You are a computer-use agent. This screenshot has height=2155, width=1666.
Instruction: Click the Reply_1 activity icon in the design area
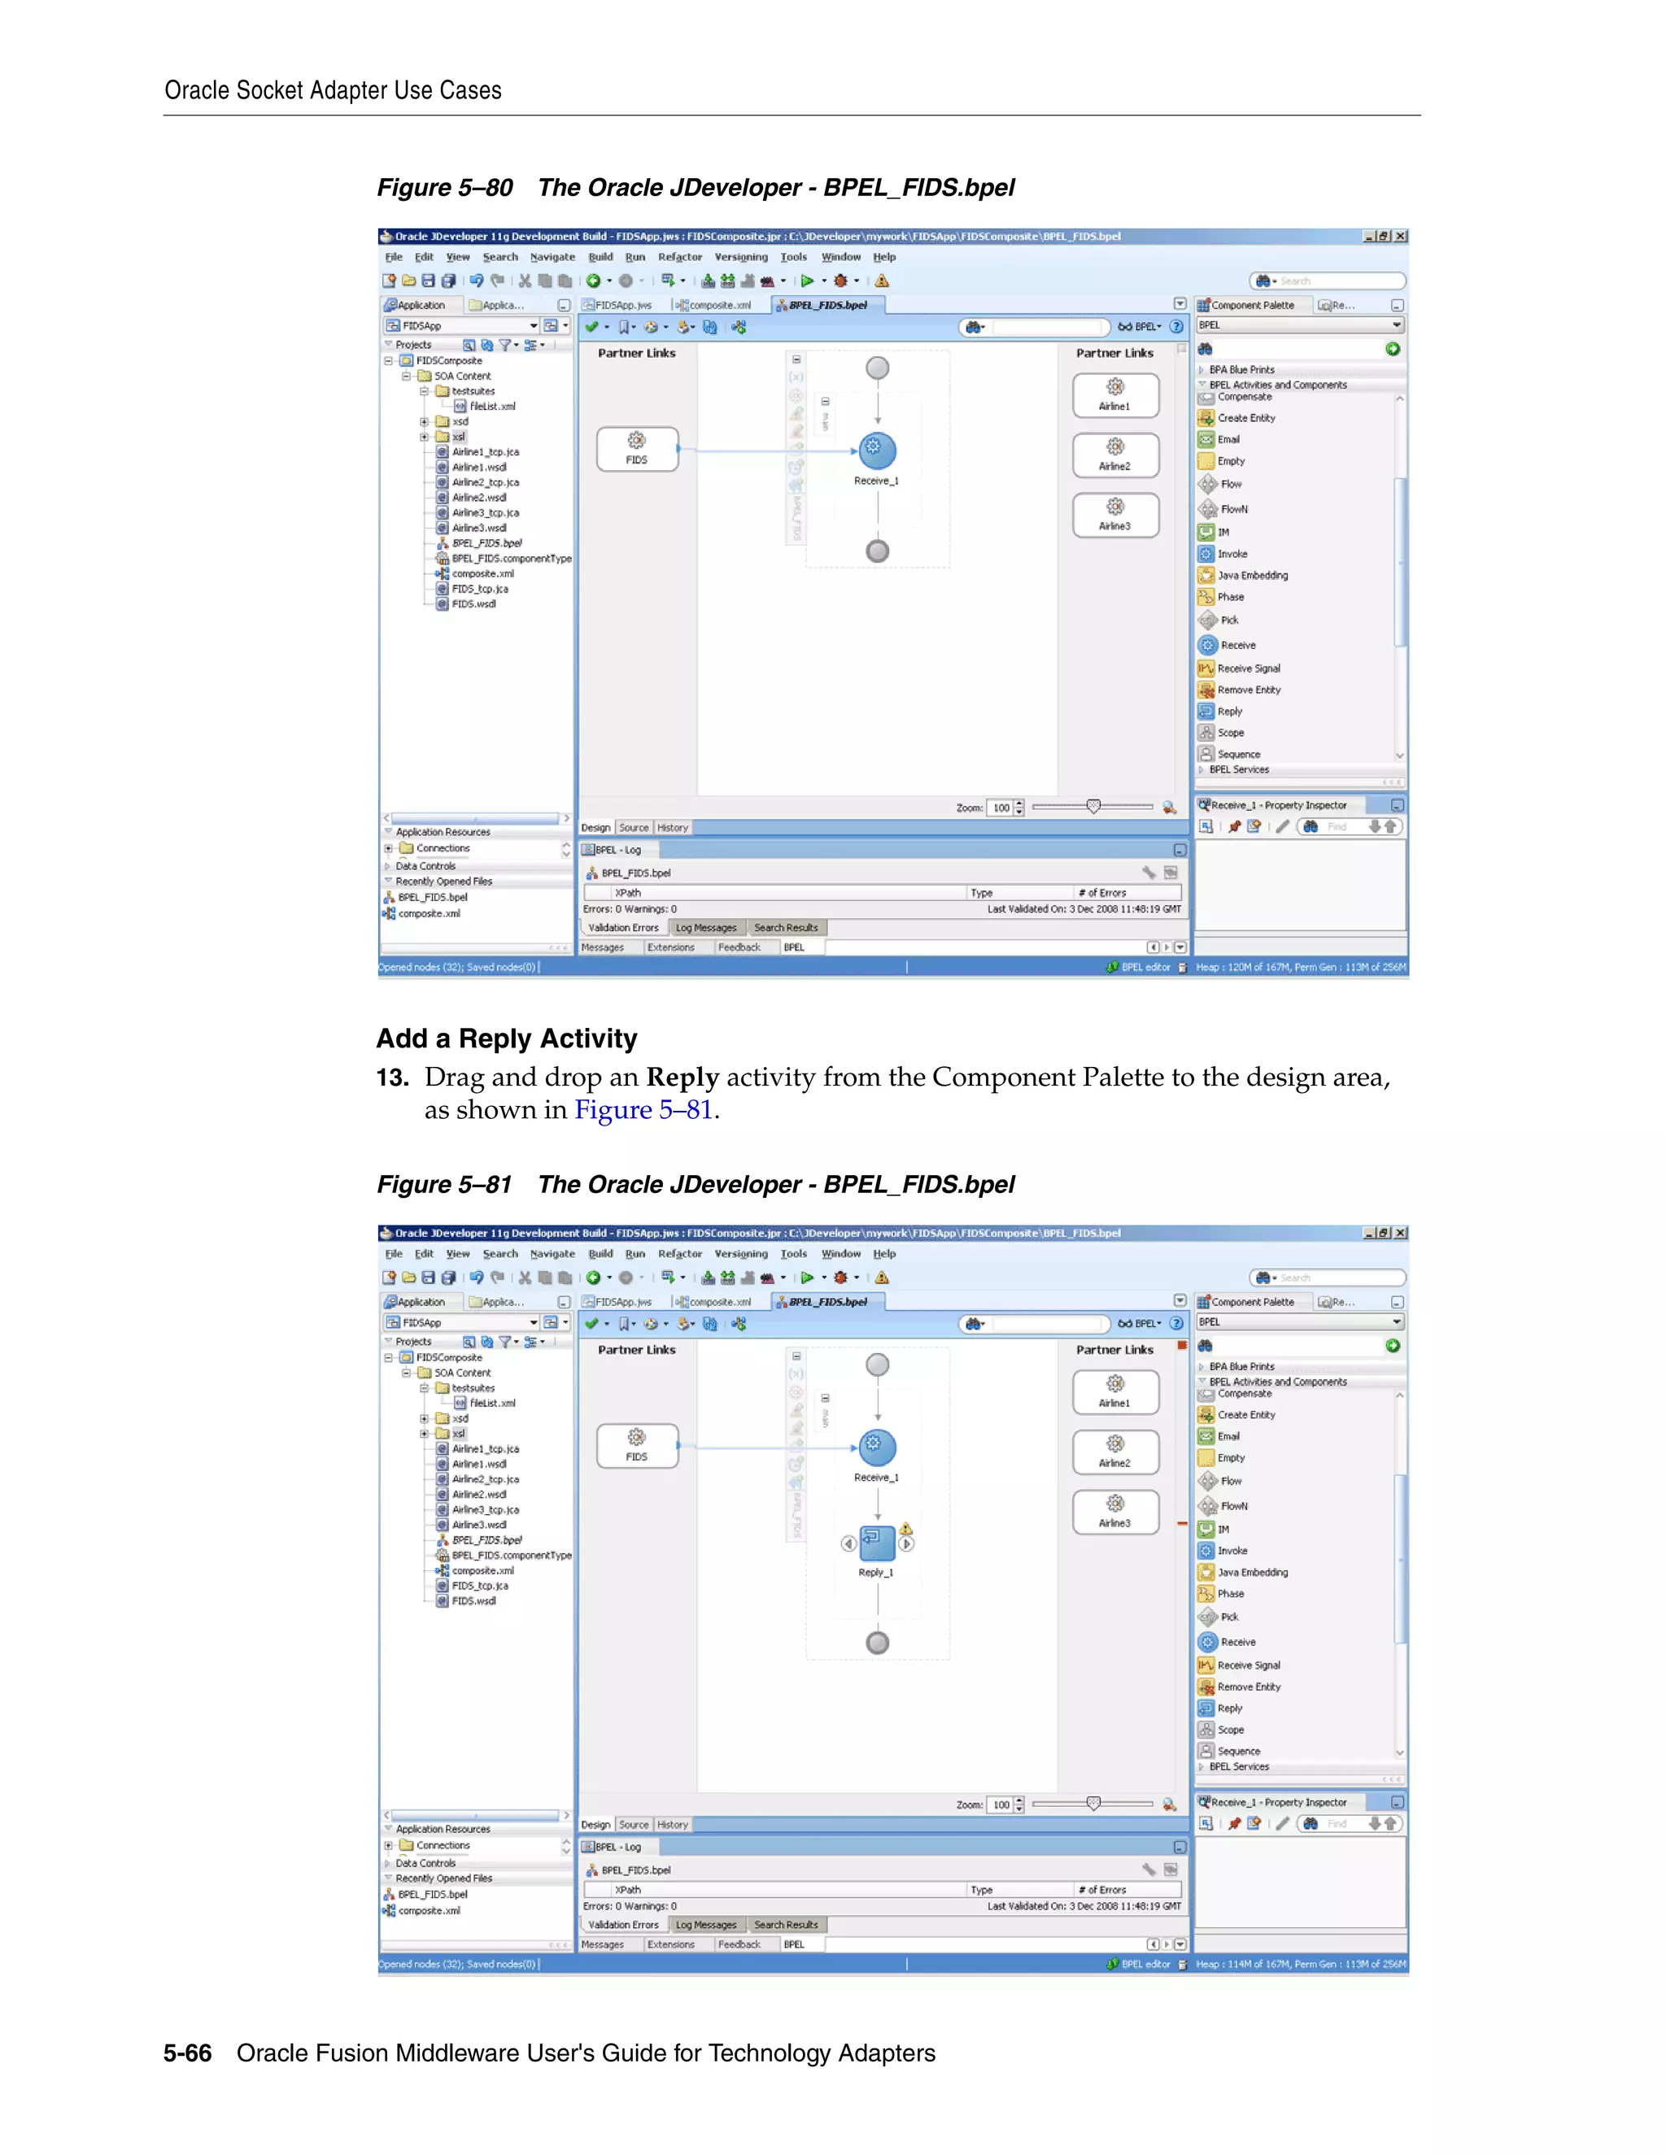tap(876, 1542)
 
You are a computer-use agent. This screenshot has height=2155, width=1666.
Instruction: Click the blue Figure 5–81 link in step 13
tap(643, 1110)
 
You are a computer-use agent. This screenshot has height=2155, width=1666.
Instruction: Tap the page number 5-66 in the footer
tap(188, 2053)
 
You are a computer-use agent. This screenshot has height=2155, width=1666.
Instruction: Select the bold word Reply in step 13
tap(682, 1077)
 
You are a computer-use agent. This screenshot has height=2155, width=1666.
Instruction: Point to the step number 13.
tap(392, 1077)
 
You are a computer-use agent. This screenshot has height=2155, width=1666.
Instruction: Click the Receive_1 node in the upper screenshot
tap(876, 451)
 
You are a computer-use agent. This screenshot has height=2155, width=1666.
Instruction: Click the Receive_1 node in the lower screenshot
tap(876, 1448)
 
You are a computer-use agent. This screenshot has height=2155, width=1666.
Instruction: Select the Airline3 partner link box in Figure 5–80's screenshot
tap(1115, 515)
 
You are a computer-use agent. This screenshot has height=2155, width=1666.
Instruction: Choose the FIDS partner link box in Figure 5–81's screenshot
tap(638, 1446)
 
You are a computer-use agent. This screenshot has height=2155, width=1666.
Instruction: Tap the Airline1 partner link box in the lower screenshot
tap(1115, 1391)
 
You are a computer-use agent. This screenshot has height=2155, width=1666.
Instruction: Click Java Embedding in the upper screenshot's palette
tap(1251, 575)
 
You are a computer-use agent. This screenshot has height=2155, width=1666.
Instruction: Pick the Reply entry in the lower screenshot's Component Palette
tap(1230, 1708)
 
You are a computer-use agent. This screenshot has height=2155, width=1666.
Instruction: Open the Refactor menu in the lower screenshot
tap(680, 1254)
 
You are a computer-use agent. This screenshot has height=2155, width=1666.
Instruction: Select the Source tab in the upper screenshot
tap(634, 828)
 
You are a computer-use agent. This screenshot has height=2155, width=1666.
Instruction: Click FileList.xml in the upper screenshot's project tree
tap(491, 407)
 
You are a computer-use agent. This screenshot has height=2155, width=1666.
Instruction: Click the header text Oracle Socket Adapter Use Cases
tap(333, 91)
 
